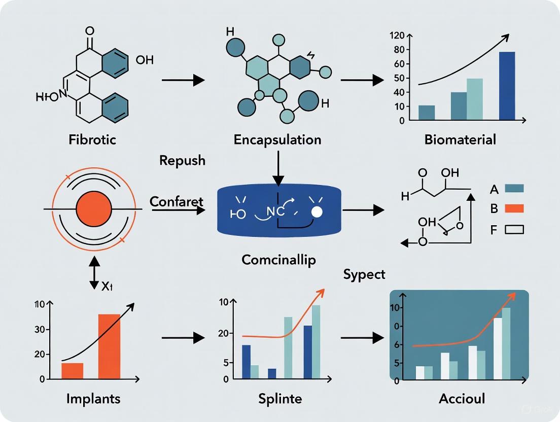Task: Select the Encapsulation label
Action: [277, 140]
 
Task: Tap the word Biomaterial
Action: [460, 140]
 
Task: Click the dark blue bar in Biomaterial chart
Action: [507, 86]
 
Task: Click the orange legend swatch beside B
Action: [514, 208]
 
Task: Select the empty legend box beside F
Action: [514, 230]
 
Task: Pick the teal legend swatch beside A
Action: [514, 188]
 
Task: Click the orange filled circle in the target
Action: [93, 209]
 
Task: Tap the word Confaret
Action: [176, 201]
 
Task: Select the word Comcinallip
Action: [278, 260]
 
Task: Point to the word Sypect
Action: [364, 274]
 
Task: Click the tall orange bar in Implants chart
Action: [109, 346]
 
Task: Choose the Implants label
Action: [93, 399]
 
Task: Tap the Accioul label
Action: [462, 399]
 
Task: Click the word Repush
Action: [182, 161]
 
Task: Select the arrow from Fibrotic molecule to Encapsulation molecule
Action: [183, 80]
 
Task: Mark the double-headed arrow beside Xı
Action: [94, 272]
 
